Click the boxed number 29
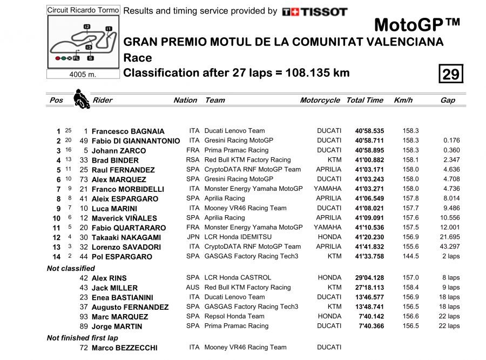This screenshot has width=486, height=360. [x=450, y=74]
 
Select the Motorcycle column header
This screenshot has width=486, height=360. [x=320, y=100]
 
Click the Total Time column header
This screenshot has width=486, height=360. [x=364, y=100]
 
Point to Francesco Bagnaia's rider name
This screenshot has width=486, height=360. [x=128, y=131]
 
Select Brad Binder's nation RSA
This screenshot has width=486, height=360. [x=192, y=160]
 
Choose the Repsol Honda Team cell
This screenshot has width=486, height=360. [x=234, y=316]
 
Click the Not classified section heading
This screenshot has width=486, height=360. [x=71, y=268]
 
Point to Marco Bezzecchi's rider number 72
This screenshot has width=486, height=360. [x=84, y=348]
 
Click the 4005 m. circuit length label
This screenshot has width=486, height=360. [x=83, y=75]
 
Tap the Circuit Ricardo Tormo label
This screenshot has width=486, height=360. [x=83, y=10]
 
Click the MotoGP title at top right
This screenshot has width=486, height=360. [x=417, y=24]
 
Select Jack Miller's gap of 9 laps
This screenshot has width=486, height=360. [x=449, y=288]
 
